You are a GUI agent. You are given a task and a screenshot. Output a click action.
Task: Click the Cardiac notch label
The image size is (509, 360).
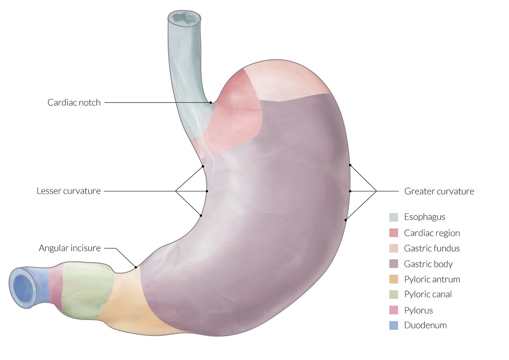coord(74,103)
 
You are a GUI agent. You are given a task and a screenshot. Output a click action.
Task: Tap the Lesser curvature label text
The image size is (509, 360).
coord(68,191)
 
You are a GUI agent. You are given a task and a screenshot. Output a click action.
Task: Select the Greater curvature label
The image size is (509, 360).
coord(439,191)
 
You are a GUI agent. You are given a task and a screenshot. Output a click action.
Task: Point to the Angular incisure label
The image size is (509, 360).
coord(69,248)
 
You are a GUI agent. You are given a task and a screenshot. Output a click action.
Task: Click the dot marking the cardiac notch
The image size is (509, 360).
coord(211,103)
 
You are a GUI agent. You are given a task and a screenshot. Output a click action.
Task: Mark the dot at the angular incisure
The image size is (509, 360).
coord(136,267)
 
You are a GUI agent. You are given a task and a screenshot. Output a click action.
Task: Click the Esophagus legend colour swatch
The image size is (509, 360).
coord(393,217)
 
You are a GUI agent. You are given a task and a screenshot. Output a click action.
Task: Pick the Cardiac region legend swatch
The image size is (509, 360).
coord(393,233)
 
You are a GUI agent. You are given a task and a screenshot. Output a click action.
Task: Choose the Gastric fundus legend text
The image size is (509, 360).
coord(432,248)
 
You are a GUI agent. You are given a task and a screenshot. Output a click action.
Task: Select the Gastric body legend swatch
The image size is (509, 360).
coord(393,264)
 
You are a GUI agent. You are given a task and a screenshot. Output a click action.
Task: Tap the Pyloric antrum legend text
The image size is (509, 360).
coord(432,279)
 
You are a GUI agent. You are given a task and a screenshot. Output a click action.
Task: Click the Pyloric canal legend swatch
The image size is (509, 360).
coord(393,294)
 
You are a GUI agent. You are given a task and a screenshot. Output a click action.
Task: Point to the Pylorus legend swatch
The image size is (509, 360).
coord(393,310)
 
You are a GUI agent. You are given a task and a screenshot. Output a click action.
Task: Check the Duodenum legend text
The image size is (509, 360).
coord(425,325)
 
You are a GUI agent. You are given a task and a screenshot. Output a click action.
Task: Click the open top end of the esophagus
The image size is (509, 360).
coord(185,18)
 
